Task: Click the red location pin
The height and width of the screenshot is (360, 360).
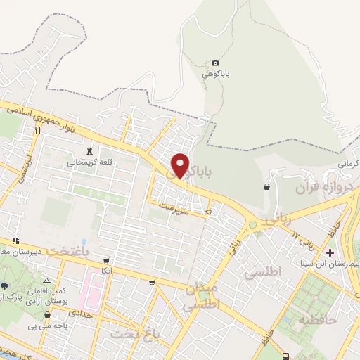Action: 181,165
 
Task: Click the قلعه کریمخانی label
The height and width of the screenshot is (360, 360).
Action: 90,162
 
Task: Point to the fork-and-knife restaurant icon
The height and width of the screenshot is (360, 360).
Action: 37,130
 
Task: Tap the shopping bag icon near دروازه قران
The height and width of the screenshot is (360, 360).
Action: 267,186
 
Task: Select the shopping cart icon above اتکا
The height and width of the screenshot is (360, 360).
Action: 106,260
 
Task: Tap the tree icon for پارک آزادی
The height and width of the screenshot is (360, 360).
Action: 6,286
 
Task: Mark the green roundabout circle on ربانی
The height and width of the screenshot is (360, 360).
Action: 251,225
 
